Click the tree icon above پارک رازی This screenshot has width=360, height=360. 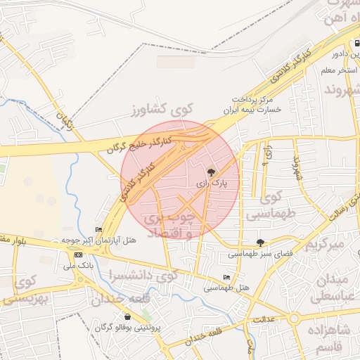210,170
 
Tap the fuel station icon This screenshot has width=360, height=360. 358,44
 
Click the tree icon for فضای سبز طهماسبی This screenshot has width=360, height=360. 261,241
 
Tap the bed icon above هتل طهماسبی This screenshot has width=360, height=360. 226,278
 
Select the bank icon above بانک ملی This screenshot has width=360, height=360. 78,255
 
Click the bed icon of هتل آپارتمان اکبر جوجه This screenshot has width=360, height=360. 98,230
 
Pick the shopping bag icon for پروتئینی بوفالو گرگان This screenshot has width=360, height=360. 127,316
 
